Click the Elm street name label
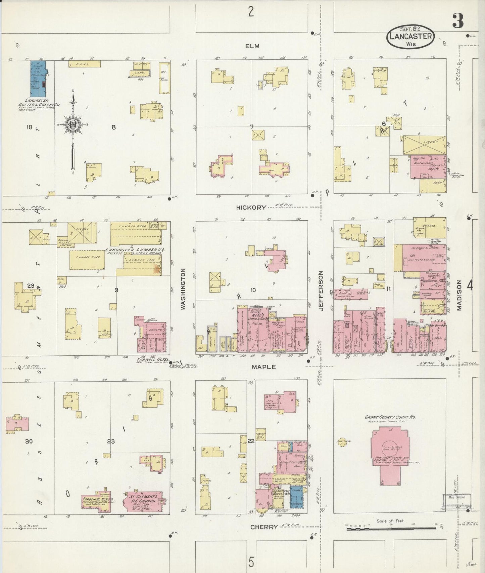[x=252, y=46]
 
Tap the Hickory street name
[x=251, y=208]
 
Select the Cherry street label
[x=264, y=527]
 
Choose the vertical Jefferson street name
[x=321, y=291]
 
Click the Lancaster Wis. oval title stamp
[x=410, y=36]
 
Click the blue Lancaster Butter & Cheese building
[x=38, y=79]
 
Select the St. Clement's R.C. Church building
[x=143, y=501]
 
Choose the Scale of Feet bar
[x=391, y=529]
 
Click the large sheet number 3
[x=458, y=21]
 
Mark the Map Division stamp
[x=457, y=497]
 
